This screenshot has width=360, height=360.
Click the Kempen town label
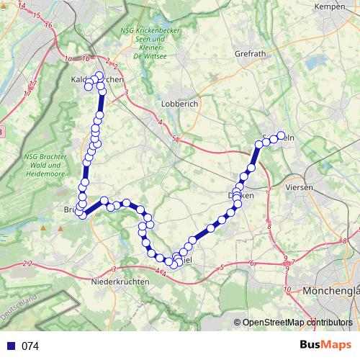(x=332, y=6)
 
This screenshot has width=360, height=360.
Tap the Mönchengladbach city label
(x=331, y=291)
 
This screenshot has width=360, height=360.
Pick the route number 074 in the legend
(x=30, y=346)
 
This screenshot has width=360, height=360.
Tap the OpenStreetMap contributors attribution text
(x=297, y=323)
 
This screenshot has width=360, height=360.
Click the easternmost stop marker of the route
(x=281, y=135)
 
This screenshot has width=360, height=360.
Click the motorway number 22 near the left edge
(x=27, y=266)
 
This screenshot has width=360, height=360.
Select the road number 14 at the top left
(x=21, y=6)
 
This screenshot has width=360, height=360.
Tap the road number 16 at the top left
(x=48, y=24)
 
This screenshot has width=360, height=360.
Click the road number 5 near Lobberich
(x=175, y=137)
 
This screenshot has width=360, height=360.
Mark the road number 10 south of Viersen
(x=287, y=289)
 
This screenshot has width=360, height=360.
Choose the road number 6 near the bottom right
(x=252, y=264)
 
